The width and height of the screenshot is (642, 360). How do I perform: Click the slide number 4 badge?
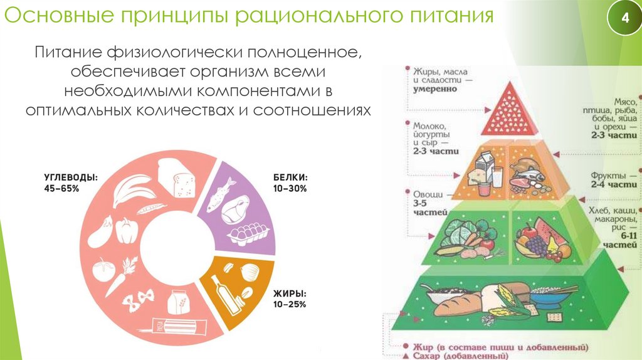tap(624, 19)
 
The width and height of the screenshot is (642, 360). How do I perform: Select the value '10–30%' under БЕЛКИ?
tap(290, 189)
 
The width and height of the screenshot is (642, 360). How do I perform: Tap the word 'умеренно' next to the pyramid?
tap(434, 88)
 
